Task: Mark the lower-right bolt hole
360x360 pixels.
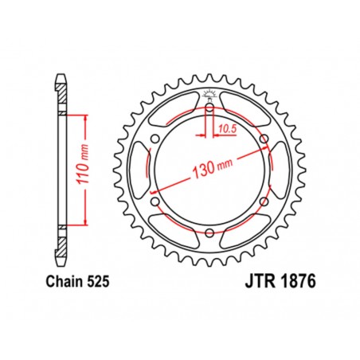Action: pos(262,202)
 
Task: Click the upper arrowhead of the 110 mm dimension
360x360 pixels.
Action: pos(83,119)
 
